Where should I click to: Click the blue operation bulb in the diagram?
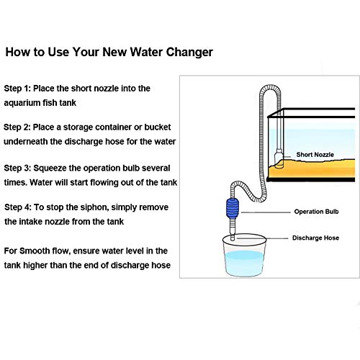(233, 208)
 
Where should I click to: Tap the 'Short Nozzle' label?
(315, 155)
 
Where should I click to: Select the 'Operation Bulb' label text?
(316, 212)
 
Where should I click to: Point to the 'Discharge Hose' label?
(315, 238)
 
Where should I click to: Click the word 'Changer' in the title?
(189, 53)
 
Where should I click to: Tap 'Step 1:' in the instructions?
(17, 89)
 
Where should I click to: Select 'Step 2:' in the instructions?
(17, 127)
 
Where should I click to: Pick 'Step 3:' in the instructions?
(17, 168)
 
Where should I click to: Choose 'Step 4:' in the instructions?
(18, 207)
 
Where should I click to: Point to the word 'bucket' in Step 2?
(158, 127)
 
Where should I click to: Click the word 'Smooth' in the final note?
(33, 251)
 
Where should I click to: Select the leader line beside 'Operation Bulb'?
(266, 212)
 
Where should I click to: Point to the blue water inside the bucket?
(244, 263)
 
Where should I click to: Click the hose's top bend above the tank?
(270, 87)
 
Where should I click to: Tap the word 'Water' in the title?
(146, 52)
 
